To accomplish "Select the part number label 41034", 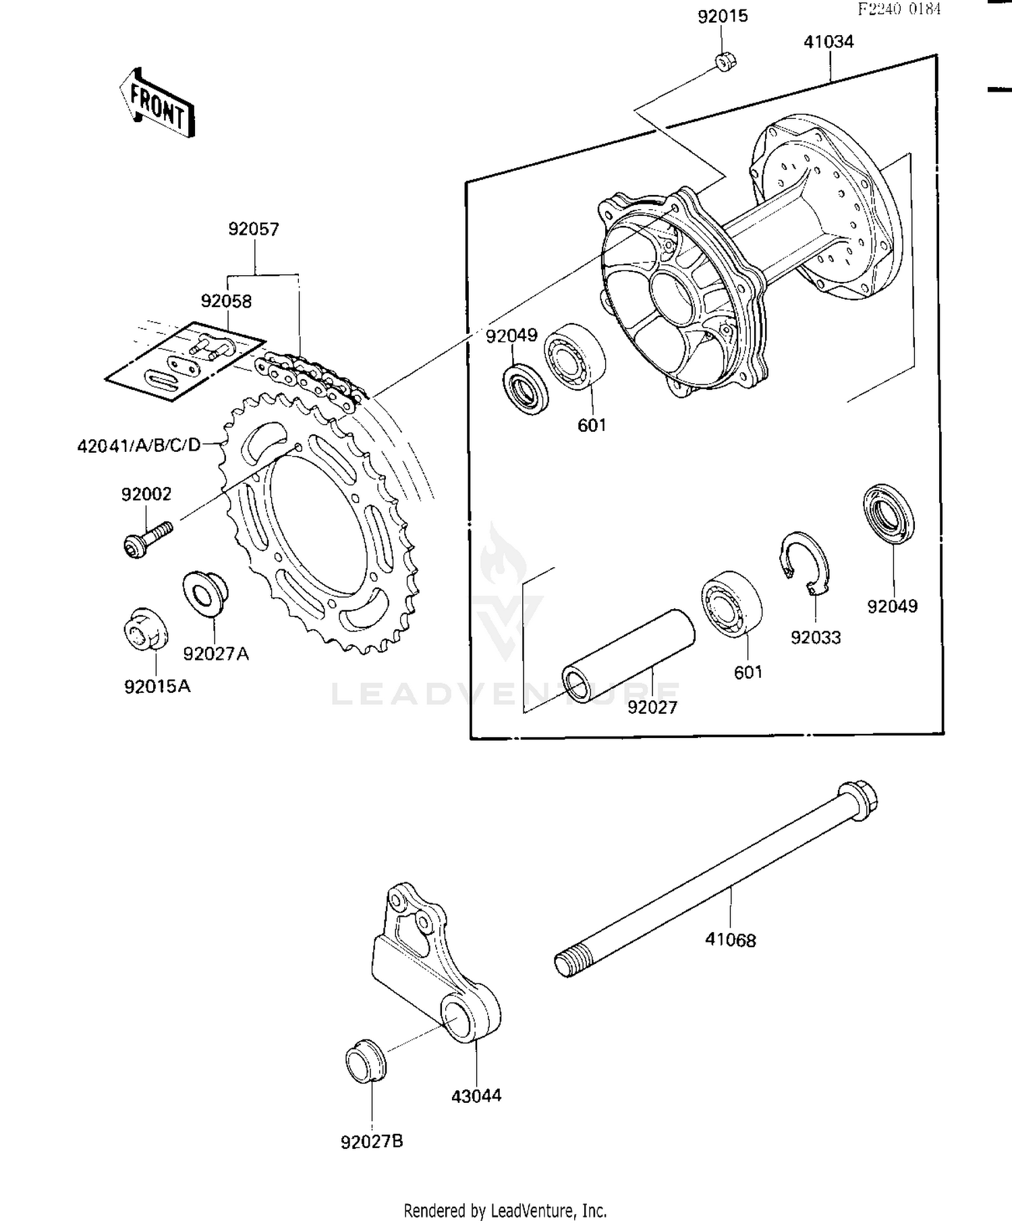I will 828,42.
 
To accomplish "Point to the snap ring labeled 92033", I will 806,564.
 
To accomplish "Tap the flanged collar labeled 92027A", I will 205,593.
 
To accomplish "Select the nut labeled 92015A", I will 145,629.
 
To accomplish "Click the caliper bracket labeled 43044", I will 432,958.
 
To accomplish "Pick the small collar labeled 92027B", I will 366,1061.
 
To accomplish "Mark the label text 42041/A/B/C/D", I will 139,445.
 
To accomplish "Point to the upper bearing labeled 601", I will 575,357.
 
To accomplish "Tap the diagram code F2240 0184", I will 899,9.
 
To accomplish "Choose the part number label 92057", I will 254,229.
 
